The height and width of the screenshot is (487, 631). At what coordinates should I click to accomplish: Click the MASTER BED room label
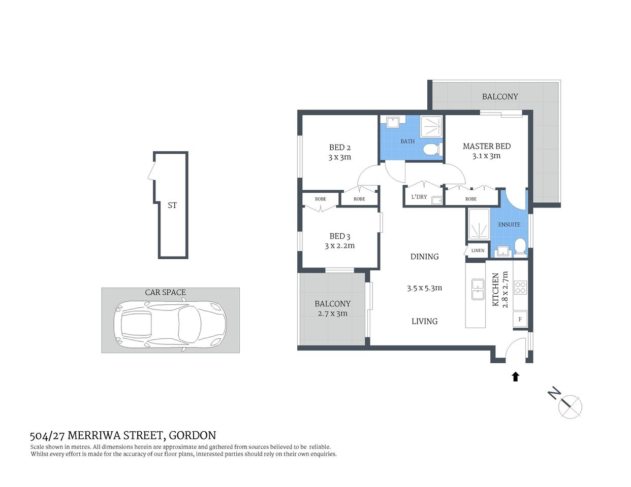pyautogui.click(x=486, y=146)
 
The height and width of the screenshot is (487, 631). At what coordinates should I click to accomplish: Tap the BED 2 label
pyautogui.click(x=339, y=148)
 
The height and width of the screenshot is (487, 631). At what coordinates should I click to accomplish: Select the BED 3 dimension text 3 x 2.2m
pyautogui.click(x=339, y=246)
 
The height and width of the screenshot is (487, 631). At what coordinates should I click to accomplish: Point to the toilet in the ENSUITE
pyautogui.click(x=520, y=247)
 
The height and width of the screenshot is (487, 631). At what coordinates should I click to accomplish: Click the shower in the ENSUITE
pyautogui.click(x=478, y=224)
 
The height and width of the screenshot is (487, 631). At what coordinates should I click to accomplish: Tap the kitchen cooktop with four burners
pyautogui.click(x=520, y=288)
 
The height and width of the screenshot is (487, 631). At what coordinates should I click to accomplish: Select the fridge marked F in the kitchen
pyautogui.click(x=520, y=320)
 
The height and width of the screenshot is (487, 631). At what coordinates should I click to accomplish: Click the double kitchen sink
pyautogui.click(x=478, y=289)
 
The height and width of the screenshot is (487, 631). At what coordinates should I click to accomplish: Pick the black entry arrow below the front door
pyautogui.click(x=515, y=376)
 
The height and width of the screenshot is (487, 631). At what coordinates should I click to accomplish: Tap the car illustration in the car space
pyautogui.click(x=170, y=325)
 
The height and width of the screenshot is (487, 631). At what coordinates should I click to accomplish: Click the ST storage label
pyautogui.click(x=172, y=205)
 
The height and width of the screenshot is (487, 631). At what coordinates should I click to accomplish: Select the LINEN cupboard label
pyautogui.click(x=478, y=251)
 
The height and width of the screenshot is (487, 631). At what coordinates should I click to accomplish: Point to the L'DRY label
pyautogui.click(x=419, y=197)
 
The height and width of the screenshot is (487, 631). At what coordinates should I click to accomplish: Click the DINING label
pyautogui.click(x=424, y=257)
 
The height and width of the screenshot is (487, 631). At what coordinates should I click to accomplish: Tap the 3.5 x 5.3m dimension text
pyautogui.click(x=424, y=288)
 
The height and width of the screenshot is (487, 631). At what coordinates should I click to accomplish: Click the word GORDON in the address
pyautogui.click(x=192, y=435)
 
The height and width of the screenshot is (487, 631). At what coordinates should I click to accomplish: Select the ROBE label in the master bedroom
pyautogui.click(x=470, y=199)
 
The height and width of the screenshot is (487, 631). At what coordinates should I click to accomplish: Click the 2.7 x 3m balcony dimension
pyautogui.click(x=332, y=314)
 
